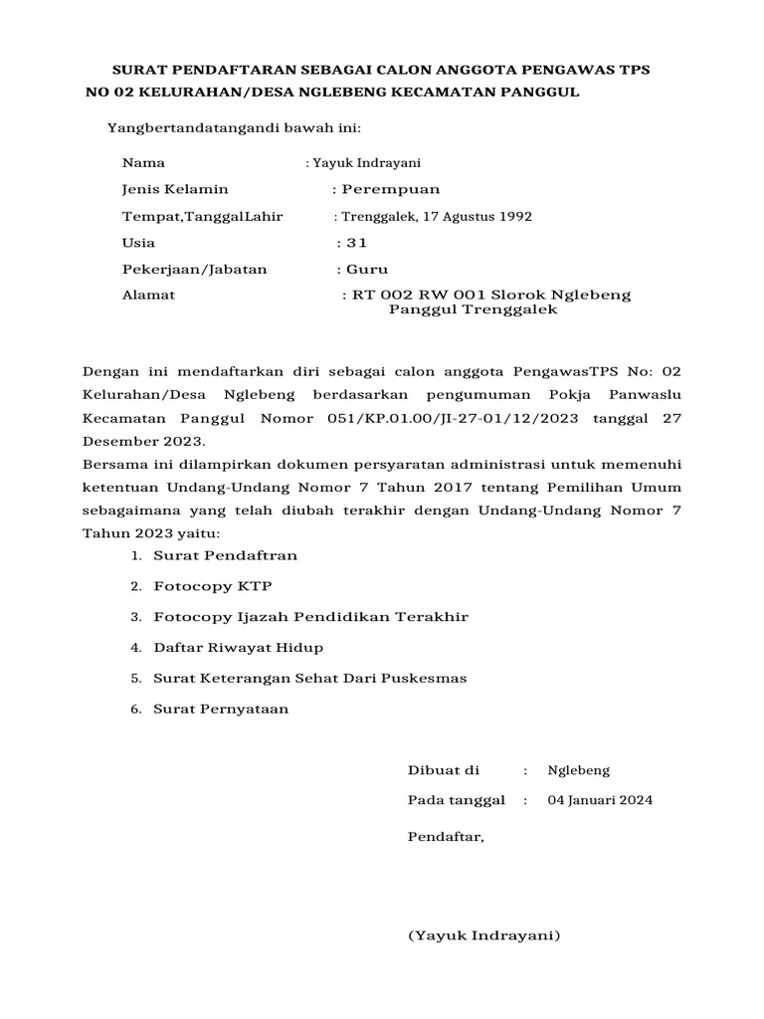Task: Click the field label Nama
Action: click(x=143, y=163)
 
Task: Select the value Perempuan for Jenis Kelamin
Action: click(x=390, y=189)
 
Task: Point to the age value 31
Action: click(x=358, y=243)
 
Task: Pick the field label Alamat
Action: click(x=148, y=296)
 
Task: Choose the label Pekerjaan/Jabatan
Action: click(x=194, y=270)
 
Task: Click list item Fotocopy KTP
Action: click(x=213, y=586)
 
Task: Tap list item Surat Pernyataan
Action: click(x=221, y=709)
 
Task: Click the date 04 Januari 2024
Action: click(x=601, y=800)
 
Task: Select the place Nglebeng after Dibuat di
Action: click(x=579, y=770)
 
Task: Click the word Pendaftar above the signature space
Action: click(x=445, y=837)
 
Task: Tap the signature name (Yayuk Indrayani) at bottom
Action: click(x=484, y=936)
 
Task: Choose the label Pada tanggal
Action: click(x=456, y=800)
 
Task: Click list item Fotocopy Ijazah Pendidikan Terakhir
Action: click(x=310, y=617)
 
